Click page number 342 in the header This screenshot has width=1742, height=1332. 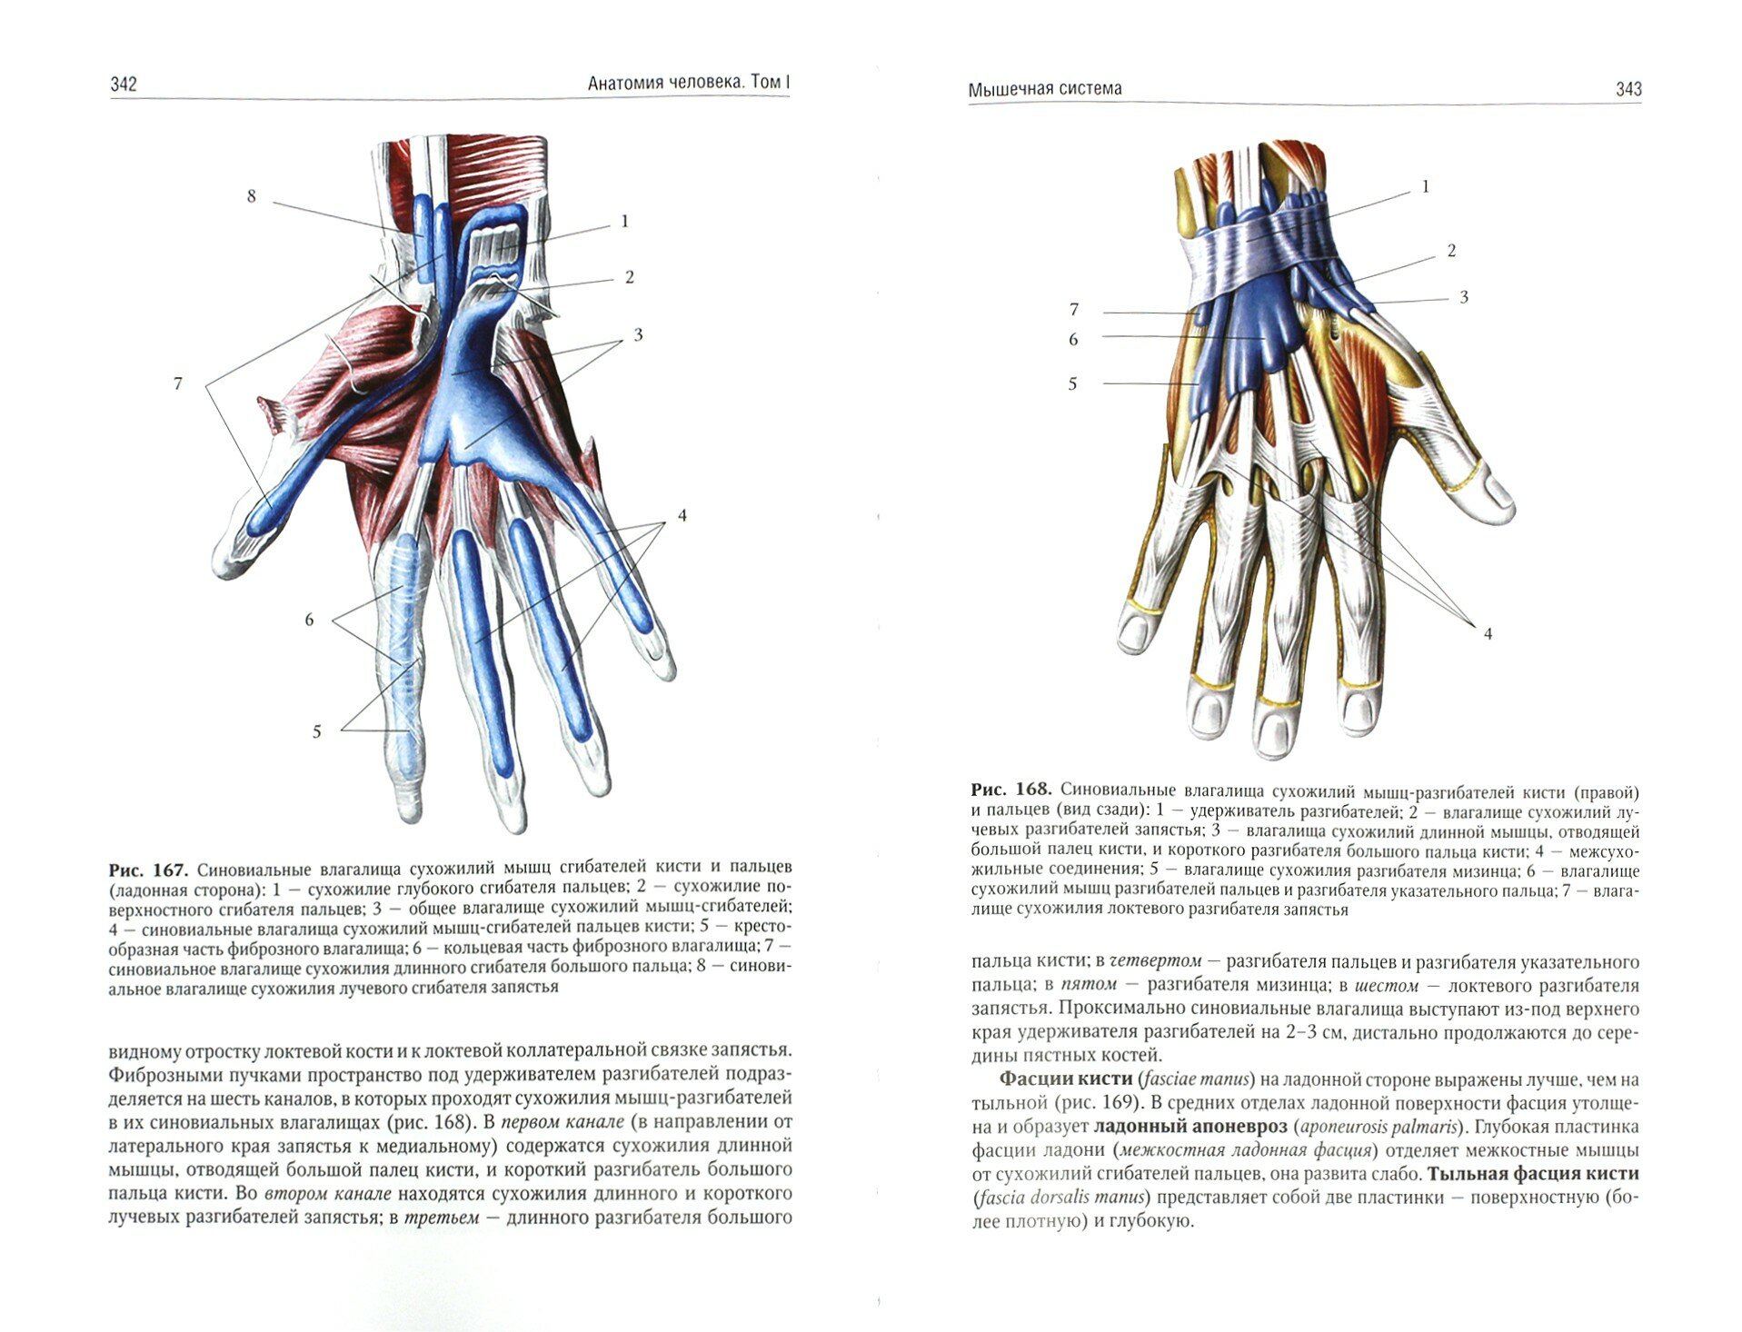point(123,84)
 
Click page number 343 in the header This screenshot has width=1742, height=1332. point(1628,89)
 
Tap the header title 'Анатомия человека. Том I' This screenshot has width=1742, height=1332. point(688,84)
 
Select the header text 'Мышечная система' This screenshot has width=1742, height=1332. point(1044,89)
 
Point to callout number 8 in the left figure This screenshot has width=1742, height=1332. point(252,196)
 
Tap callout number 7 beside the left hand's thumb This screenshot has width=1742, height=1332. point(178,383)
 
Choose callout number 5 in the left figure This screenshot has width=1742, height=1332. point(316,731)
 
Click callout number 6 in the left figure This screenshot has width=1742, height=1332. point(309,620)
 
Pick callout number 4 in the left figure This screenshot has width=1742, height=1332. point(682,516)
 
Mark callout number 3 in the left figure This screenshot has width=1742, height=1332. point(638,335)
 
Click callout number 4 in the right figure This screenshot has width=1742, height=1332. point(1488,633)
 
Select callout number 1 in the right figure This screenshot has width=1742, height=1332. point(1425,187)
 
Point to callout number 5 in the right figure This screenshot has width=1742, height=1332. point(1072,384)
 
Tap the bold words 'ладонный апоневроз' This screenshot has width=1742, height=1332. point(1190,1127)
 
